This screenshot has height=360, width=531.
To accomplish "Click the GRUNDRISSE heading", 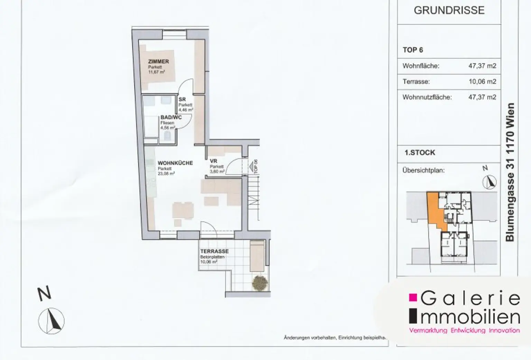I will (449, 10).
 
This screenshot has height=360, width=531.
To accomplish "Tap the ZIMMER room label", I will (158, 62).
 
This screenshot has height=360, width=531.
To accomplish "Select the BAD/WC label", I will (171, 118).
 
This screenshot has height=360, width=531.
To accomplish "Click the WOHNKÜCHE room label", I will (175, 163).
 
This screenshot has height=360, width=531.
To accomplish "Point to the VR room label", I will (213, 161).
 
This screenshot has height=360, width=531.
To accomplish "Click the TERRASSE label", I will (214, 251).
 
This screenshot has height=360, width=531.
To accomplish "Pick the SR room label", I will (182, 100).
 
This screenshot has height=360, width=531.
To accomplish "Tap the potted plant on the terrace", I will (260, 283).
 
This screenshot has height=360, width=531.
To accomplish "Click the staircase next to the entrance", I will (253, 197).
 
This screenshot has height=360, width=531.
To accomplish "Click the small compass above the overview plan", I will (489, 182).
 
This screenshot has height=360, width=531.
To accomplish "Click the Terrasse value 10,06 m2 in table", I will (482, 82).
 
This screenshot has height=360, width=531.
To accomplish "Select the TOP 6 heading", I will (413, 50).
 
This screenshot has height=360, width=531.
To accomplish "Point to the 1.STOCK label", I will (420, 153).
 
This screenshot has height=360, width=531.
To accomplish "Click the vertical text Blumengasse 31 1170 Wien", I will (510, 172).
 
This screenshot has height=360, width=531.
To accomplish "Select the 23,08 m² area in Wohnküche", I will (166, 174).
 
